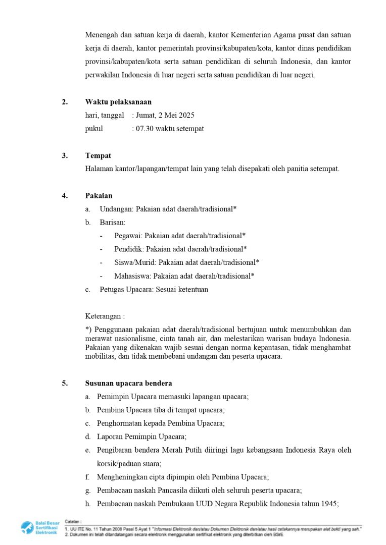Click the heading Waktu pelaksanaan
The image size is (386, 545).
[118, 102]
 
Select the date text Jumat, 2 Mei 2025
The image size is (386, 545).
[165, 116]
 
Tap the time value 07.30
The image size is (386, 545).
[144, 129]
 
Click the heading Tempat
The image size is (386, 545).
[98, 155]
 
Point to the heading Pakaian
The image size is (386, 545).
[99, 196]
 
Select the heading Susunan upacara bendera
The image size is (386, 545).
[128, 383]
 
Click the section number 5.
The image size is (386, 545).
[65, 383]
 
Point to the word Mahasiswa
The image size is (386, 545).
[132, 276]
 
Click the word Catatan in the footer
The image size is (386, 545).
[73, 521]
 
